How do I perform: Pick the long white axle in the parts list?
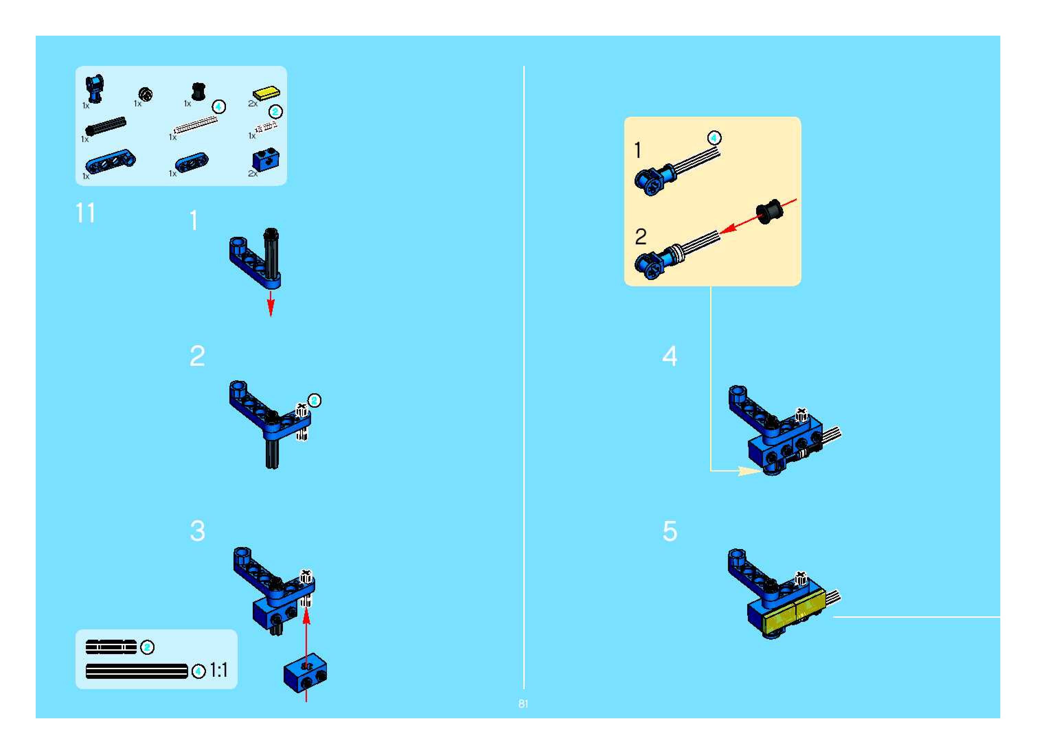[x=196, y=124]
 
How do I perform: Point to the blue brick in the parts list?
[x=266, y=160]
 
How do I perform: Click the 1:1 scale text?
[x=218, y=671]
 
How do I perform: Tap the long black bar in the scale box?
[x=137, y=671]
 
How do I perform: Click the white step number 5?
[x=670, y=531]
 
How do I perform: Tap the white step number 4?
[x=670, y=356]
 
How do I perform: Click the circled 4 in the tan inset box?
[x=714, y=137]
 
